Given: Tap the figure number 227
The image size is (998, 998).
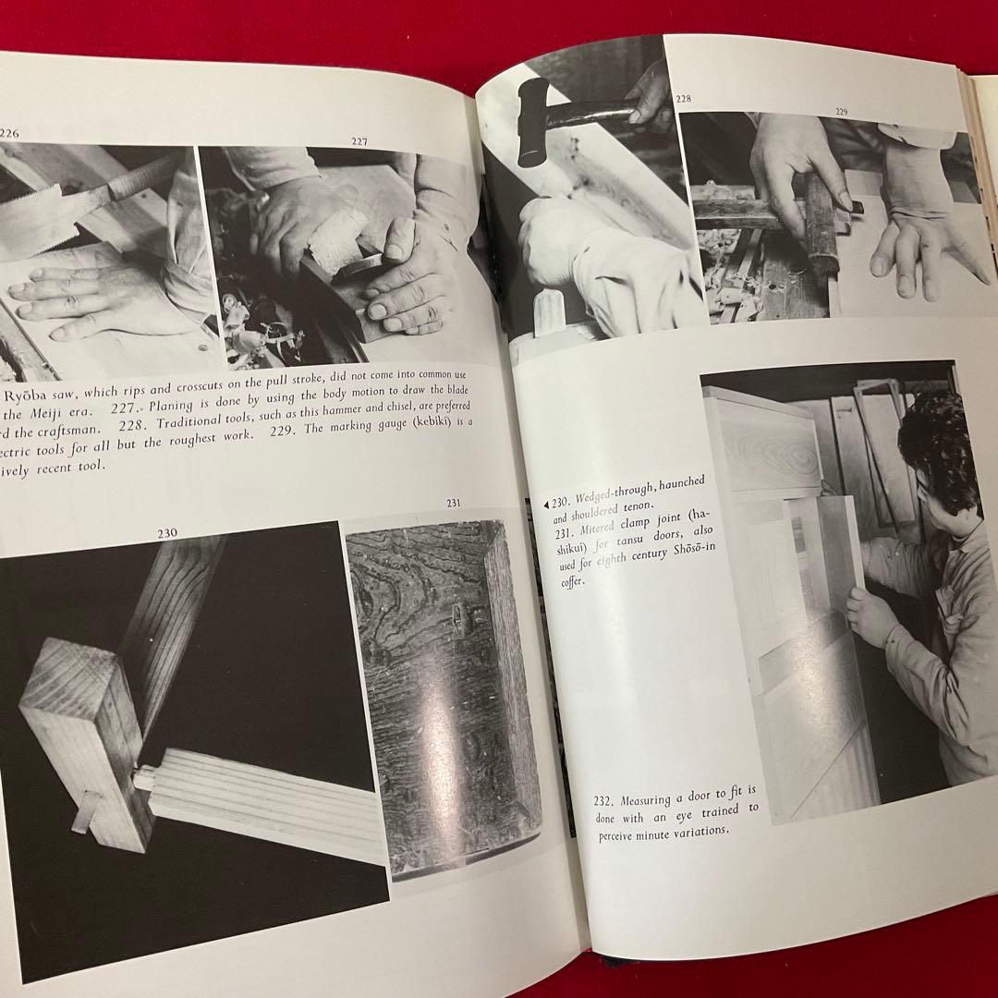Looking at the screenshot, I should click(x=359, y=141).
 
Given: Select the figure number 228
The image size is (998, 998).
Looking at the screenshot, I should click(x=684, y=99).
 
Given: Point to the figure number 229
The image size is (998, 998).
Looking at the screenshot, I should click(x=841, y=111).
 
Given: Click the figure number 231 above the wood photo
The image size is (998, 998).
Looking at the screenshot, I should click(x=453, y=503).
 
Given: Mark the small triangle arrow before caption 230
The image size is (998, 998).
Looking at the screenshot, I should click(x=544, y=504).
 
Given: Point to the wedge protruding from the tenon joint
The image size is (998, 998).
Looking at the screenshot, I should click(x=88, y=811).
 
